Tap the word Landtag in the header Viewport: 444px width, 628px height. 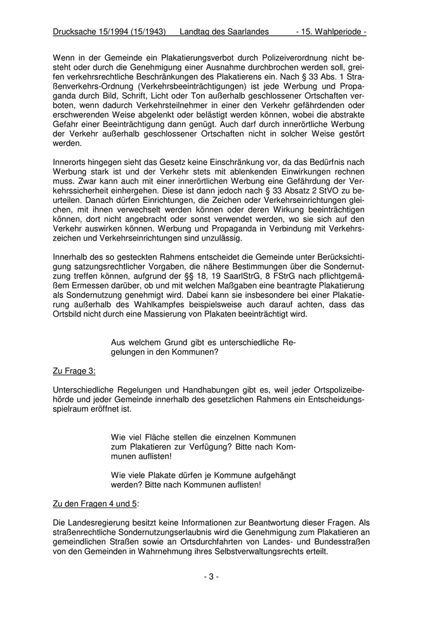196,31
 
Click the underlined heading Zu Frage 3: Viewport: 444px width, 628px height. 74,369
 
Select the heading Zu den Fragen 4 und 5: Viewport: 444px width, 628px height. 95,504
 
